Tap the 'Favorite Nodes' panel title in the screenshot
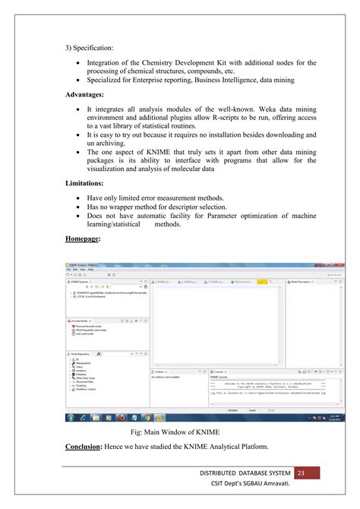click(81, 321)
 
